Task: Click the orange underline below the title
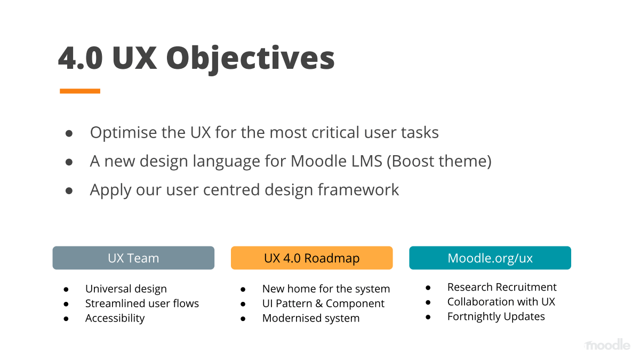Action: coord(80,91)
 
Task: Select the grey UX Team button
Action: coord(133,258)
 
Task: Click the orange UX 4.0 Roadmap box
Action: coord(311,258)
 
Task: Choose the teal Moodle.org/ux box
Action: coord(490,258)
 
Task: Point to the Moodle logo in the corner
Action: coord(606,345)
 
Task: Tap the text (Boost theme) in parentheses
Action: coord(439,161)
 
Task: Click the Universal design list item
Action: coord(126,289)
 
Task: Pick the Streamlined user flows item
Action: coord(142,303)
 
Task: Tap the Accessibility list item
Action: coord(115,318)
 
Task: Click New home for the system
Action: coord(326,289)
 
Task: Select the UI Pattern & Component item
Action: coord(323,303)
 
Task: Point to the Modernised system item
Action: coord(311,318)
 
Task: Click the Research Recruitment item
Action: coord(502,287)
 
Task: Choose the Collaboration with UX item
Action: coord(501,302)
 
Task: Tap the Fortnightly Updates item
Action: coord(496,317)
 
